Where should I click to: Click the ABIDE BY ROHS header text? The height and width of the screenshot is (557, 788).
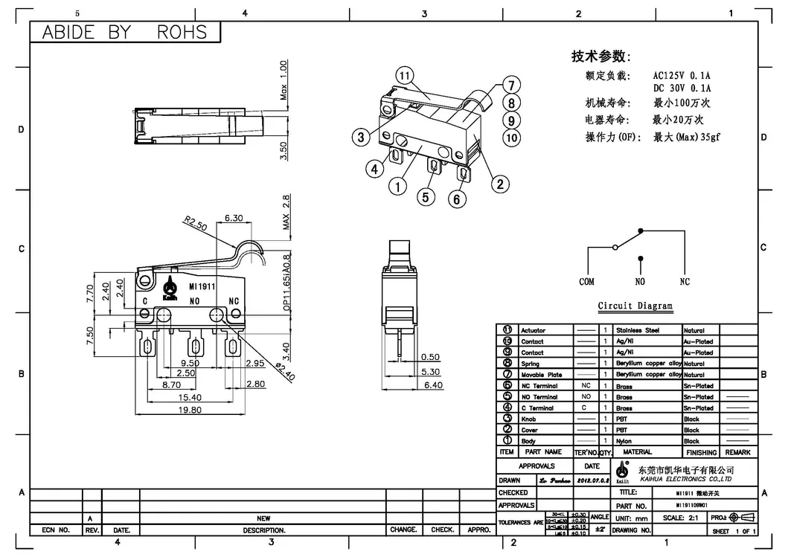pos(124,32)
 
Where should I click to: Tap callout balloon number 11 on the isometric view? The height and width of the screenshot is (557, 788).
pos(405,76)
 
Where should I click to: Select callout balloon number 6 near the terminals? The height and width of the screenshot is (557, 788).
pos(458,198)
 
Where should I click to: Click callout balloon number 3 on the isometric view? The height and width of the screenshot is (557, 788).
pos(360,137)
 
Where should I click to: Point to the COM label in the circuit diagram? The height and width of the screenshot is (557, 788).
pos(587,282)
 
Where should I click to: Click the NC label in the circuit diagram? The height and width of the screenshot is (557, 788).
pos(685,282)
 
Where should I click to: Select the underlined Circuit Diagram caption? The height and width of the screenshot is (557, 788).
pos(635,306)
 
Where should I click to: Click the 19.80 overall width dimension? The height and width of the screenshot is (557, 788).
pos(190,410)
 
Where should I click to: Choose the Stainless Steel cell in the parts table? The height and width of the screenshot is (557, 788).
pos(638,330)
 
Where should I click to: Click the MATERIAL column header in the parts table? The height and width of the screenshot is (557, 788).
pos(637,452)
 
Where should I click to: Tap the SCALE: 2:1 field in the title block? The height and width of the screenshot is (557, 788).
pos(681,518)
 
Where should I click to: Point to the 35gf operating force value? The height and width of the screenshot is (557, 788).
pos(707,137)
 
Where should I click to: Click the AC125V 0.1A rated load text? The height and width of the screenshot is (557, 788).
pos(682,75)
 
